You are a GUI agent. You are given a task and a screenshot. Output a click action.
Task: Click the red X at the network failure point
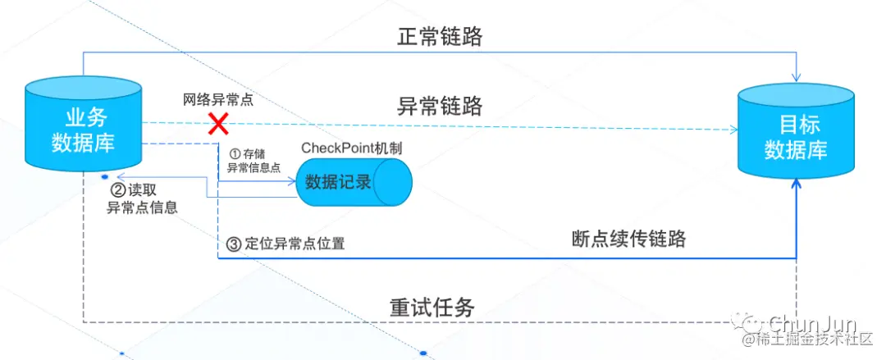[x=217, y=125]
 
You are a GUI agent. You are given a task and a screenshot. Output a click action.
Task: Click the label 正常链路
[x=441, y=36]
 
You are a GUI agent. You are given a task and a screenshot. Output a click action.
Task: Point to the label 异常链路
[x=441, y=106]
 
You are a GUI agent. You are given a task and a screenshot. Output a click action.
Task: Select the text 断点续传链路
[x=628, y=239]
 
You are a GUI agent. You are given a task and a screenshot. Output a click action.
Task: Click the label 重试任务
[x=432, y=308]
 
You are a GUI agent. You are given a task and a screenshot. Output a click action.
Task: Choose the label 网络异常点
[x=217, y=100]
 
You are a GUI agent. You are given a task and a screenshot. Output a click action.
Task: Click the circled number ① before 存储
[x=233, y=153]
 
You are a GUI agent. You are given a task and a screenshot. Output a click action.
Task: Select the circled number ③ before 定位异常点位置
[x=233, y=244]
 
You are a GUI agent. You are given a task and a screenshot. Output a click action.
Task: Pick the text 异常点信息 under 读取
[x=142, y=207]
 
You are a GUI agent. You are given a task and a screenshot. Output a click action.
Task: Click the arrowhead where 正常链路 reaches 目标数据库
[x=797, y=76]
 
